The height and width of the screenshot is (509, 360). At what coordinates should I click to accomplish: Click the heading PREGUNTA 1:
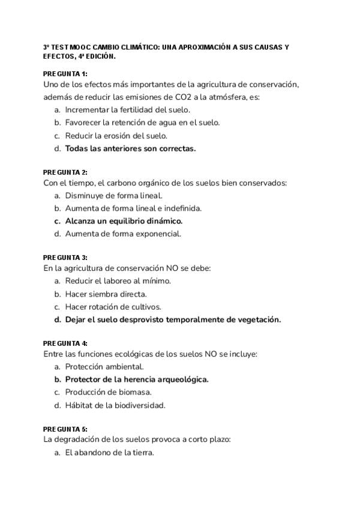tap(65, 74)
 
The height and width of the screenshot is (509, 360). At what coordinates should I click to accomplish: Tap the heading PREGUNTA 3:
tap(65, 258)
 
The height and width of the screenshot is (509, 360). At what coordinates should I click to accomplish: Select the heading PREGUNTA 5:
tap(65, 429)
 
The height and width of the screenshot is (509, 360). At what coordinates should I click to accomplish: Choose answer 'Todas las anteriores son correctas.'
tap(130, 148)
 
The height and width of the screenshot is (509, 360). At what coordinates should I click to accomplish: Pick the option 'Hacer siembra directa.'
tap(106, 294)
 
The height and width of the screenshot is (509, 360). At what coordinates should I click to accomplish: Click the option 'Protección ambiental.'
tap(104, 367)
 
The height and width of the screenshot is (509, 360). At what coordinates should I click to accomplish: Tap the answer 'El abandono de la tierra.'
tap(109, 453)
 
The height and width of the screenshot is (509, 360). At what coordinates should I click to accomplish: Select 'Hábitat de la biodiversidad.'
tap(115, 405)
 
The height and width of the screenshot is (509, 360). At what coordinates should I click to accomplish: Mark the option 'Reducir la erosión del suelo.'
tap(116, 136)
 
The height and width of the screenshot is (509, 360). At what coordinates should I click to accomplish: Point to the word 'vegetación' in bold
tap(259, 319)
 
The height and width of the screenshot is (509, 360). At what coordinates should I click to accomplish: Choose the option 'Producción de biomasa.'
tap(108, 392)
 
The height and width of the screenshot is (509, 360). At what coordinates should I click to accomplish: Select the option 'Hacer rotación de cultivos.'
tap(113, 307)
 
